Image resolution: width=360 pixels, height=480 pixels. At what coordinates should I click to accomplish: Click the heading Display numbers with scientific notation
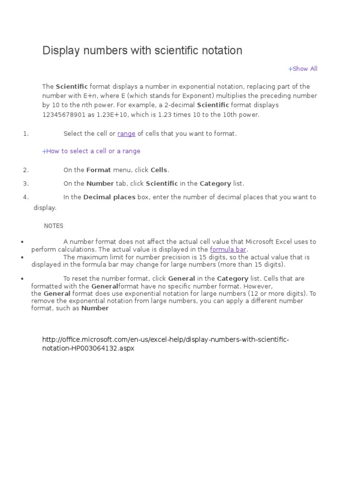(x=142, y=51)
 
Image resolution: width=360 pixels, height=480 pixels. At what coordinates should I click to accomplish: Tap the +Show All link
(x=303, y=69)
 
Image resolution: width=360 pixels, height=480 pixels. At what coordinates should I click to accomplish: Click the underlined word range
(x=126, y=134)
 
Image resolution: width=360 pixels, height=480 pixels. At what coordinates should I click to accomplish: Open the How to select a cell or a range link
(x=91, y=151)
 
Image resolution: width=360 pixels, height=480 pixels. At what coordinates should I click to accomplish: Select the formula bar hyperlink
(x=228, y=249)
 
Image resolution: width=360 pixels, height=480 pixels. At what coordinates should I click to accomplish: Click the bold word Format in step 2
(x=98, y=170)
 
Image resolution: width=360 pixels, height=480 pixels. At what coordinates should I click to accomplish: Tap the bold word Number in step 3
(x=100, y=183)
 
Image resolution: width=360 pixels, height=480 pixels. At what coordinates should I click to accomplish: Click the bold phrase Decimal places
(x=109, y=197)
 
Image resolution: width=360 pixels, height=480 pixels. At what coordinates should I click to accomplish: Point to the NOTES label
(x=53, y=226)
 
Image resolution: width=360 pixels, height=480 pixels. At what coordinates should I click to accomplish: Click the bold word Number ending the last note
(x=95, y=308)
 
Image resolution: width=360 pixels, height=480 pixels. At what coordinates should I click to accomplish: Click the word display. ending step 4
(x=45, y=208)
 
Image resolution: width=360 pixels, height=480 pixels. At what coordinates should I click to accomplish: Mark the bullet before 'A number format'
(x=22, y=242)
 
